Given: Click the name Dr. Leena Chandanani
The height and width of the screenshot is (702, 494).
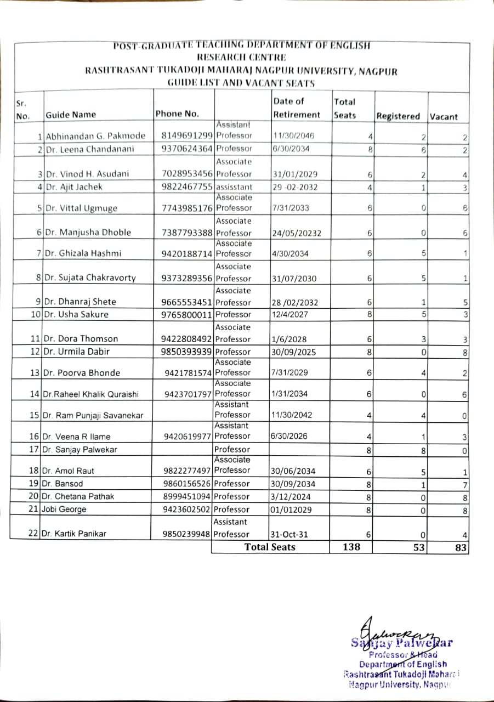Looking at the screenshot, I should (x=90, y=149).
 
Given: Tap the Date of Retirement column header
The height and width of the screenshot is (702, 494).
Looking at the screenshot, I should (x=296, y=108).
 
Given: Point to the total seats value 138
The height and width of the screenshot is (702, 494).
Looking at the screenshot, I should (x=351, y=547).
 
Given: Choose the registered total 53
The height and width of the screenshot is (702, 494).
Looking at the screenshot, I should (x=419, y=547).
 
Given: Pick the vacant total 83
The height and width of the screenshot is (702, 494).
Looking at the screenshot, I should (x=461, y=547).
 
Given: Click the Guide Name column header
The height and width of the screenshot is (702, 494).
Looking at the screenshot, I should (x=71, y=115).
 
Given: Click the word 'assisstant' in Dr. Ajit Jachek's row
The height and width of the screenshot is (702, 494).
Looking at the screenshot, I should (x=234, y=187).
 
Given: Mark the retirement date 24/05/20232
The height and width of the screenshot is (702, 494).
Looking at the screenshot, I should (x=297, y=233).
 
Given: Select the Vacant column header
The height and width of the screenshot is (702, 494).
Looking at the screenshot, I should (x=444, y=117).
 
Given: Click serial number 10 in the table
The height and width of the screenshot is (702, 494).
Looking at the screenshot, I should (x=36, y=314).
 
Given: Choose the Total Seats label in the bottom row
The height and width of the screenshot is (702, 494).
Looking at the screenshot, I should (x=270, y=547).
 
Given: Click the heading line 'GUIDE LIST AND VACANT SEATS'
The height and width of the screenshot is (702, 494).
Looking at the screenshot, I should (x=241, y=83).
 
